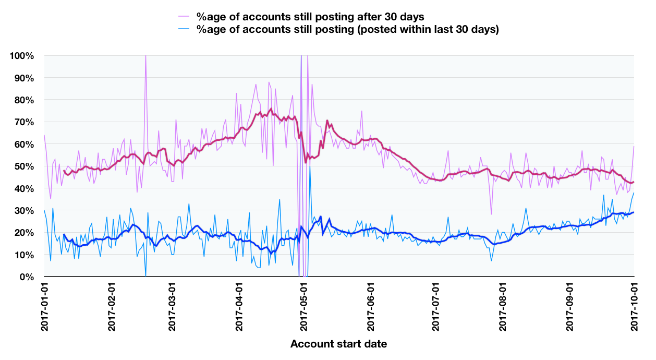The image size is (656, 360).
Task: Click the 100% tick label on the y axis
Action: click(22, 56)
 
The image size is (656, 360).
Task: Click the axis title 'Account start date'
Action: click(338, 344)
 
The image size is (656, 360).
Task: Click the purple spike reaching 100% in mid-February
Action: click(145, 56)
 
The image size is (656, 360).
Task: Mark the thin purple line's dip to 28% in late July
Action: click(491, 214)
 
